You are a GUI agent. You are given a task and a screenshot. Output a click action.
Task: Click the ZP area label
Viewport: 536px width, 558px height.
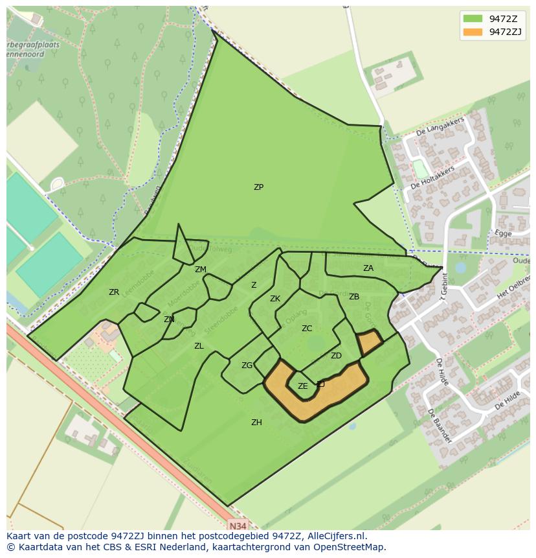(258, 187)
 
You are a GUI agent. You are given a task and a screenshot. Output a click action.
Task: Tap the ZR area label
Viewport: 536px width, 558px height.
(114, 292)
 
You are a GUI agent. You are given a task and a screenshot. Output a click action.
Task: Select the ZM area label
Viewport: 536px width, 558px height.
(201, 270)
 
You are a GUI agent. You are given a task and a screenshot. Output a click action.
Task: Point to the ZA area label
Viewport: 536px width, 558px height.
(368, 268)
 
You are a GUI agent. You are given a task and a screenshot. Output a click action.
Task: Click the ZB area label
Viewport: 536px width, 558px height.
(354, 297)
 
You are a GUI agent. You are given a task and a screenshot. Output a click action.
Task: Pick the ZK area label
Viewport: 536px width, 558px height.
(275, 299)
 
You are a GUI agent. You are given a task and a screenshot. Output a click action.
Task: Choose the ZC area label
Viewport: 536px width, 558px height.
(307, 329)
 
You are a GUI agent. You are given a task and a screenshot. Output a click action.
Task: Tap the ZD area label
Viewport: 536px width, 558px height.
(336, 356)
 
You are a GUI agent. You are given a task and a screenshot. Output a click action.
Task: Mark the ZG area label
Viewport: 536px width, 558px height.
(247, 366)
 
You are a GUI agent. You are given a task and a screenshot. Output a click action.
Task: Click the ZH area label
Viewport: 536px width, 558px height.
(256, 423)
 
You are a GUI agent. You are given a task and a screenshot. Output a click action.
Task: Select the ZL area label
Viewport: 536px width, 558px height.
(199, 346)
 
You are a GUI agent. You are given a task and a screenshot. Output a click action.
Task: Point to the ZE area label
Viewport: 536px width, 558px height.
(303, 386)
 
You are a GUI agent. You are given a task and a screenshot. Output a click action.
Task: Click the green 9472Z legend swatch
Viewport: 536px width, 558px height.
(473, 18)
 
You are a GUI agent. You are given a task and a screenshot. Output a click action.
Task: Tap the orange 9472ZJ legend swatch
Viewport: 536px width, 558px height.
(473, 32)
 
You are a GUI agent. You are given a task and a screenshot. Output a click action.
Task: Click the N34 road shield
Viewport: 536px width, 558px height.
(238, 525)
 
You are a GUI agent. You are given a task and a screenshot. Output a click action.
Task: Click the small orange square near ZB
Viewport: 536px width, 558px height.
(370, 342)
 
